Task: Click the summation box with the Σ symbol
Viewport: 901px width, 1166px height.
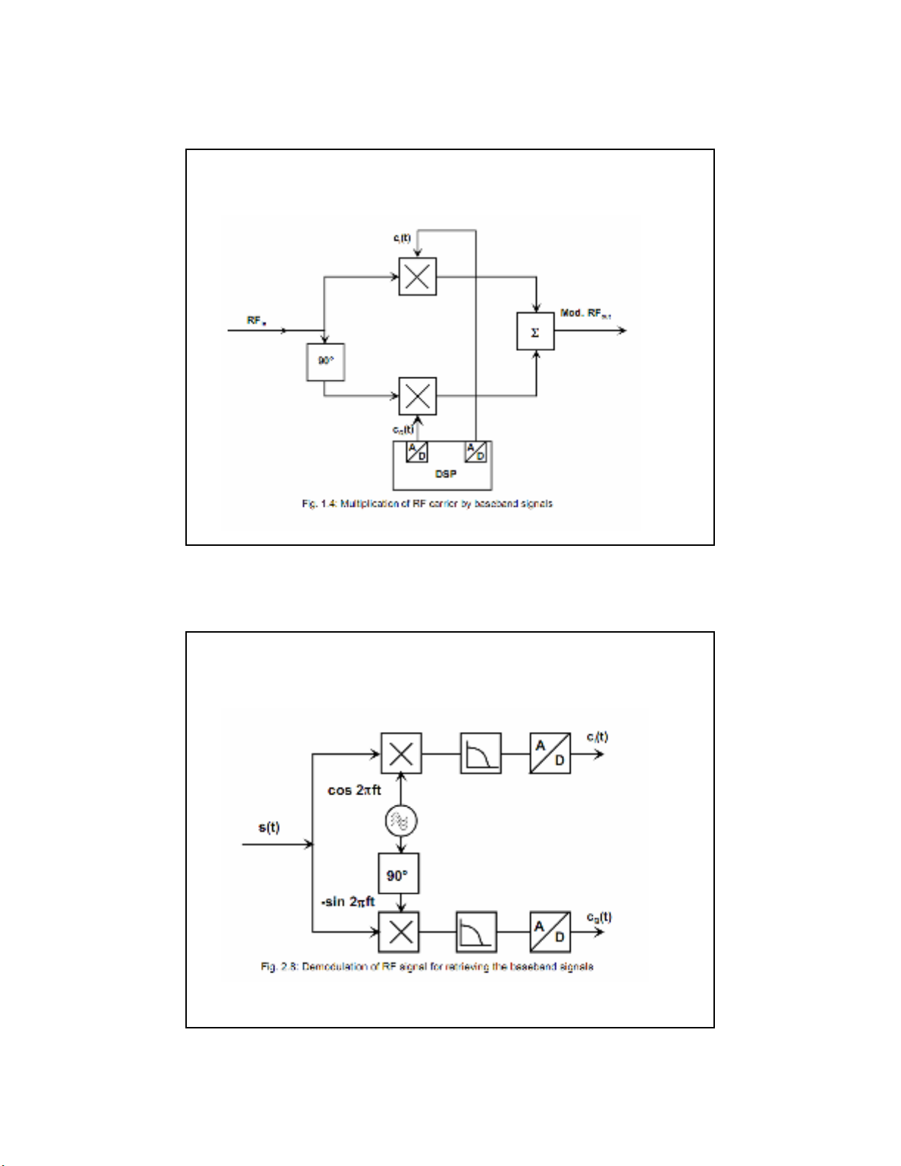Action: coord(535,331)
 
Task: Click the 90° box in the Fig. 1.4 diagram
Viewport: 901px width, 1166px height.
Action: coord(325,361)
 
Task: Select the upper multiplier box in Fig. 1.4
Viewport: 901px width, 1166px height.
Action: coord(417,276)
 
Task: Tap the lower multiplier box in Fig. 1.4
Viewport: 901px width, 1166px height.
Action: coord(417,396)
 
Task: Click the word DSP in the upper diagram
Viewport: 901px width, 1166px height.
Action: coord(445,474)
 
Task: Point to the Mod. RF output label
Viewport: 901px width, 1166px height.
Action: coord(585,313)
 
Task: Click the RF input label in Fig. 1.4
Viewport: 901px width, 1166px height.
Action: coord(256,321)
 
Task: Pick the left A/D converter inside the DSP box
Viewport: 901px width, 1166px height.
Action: coord(416,452)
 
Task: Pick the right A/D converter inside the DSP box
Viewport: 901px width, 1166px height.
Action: coord(476,452)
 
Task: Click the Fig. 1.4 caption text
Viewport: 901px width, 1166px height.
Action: coord(427,504)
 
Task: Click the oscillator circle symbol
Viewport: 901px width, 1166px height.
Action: coord(401,820)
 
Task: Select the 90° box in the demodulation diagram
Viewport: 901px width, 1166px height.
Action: coord(399,873)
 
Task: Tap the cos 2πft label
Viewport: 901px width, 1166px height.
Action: coord(355,790)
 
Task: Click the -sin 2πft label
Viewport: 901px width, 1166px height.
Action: coord(348,901)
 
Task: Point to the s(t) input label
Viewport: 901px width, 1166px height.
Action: coord(269,827)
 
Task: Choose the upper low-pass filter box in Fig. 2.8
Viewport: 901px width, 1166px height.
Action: coord(480,753)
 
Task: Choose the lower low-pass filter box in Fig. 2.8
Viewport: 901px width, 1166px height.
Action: coord(476,932)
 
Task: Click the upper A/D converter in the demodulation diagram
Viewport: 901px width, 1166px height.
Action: coord(549,753)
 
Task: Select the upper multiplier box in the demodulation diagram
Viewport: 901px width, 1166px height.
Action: coord(401,753)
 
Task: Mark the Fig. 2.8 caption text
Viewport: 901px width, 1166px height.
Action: coord(427,966)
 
